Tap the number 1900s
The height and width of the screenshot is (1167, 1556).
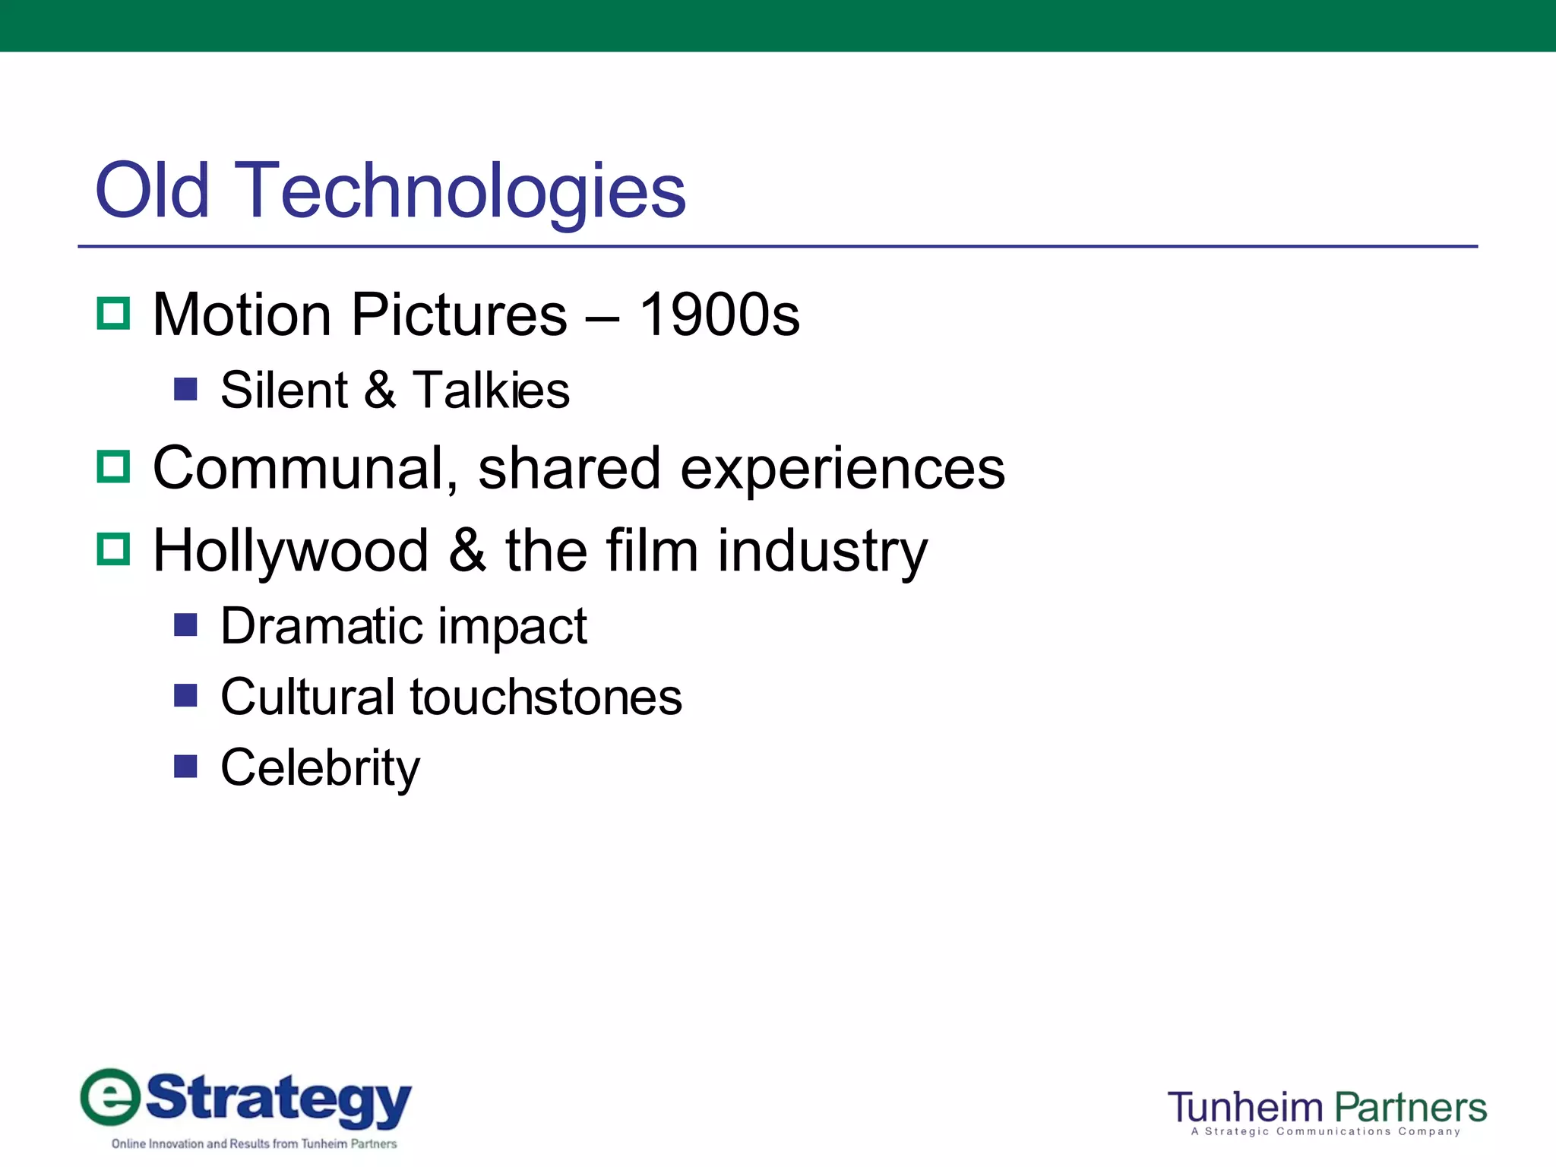(x=719, y=315)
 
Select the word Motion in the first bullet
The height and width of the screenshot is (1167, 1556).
(x=242, y=315)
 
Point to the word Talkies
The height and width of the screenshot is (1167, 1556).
(x=491, y=391)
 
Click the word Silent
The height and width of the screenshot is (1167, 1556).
(x=284, y=391)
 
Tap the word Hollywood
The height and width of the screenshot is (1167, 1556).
(x=291, y=551)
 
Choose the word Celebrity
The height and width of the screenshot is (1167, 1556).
(x=320, y=767)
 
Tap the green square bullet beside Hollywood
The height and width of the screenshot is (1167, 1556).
(x=114, y=549)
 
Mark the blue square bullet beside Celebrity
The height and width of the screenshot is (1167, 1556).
(x=185, y=766)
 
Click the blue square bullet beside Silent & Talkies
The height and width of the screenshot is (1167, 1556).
(x=185, y=389)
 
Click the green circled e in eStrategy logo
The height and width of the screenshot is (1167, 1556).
(x=111, y=1096)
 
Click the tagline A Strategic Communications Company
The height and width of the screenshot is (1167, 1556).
(x=1326, y=1132)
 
